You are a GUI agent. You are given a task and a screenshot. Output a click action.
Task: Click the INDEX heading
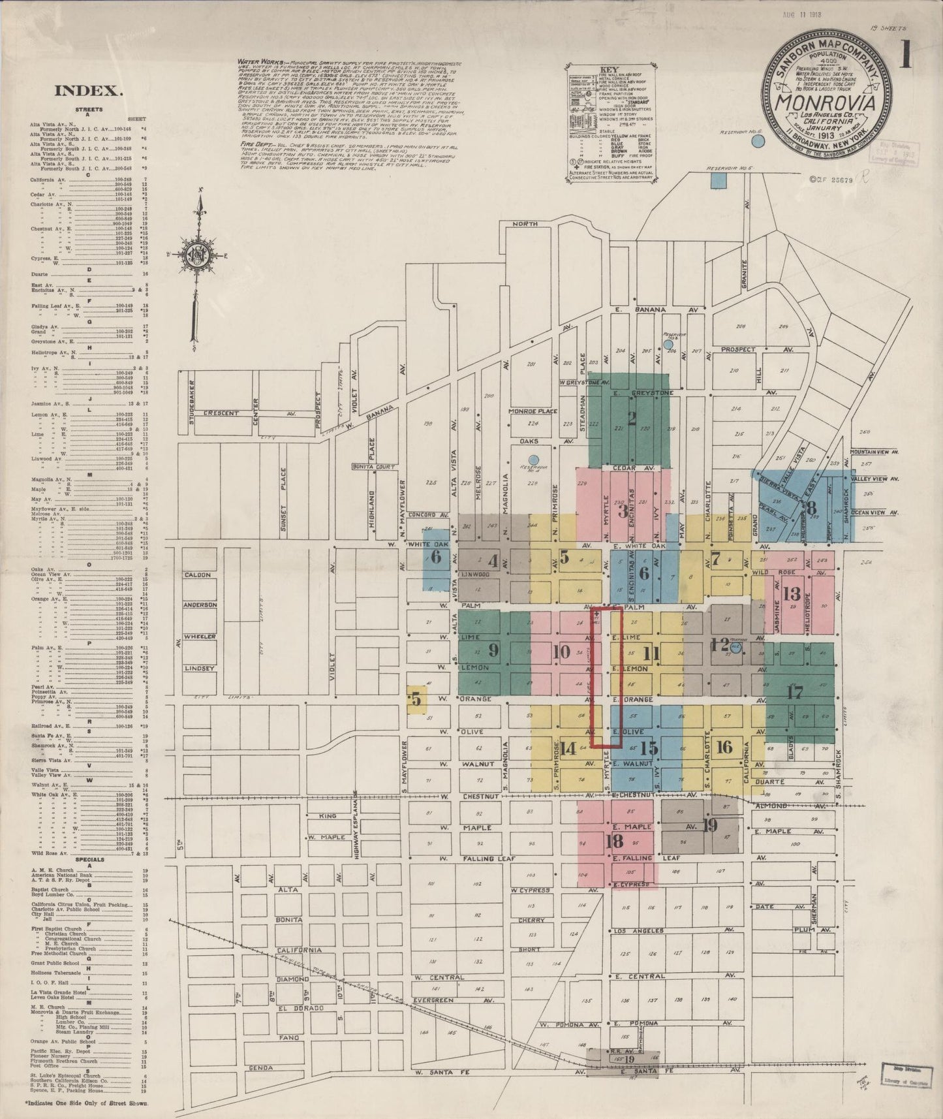89,91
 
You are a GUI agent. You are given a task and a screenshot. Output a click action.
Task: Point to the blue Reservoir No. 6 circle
757,140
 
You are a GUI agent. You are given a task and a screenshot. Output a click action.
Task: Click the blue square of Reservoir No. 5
718,181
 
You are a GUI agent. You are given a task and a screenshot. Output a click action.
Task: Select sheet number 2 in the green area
631,418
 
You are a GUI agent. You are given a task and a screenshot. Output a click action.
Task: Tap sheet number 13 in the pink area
792,593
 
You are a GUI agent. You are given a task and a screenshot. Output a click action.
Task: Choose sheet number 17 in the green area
794,693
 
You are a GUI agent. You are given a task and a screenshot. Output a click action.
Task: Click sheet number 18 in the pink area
614,841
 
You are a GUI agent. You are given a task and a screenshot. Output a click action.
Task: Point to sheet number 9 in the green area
493,650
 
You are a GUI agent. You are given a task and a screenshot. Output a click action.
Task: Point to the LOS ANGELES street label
639,931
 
